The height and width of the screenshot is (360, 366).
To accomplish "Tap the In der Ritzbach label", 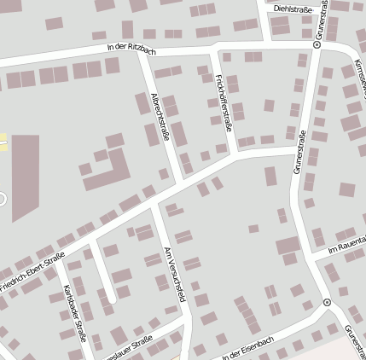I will [131, 47].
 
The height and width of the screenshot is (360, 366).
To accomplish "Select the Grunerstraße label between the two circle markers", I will [299, 154].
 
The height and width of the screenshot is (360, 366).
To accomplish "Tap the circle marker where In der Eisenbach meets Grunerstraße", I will [327, 303].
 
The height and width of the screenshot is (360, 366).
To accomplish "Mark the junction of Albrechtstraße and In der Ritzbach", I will [147, 55].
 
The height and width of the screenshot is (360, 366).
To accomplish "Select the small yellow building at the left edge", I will [3, 142].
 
